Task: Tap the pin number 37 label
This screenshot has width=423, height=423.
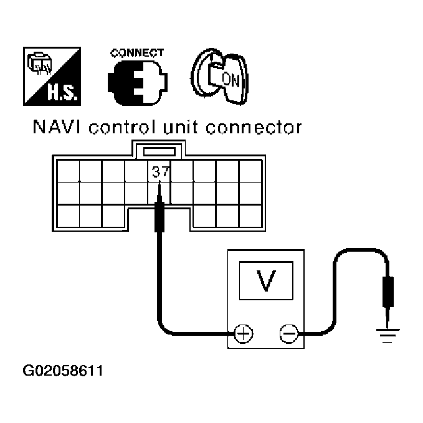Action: click(x=159, y=170)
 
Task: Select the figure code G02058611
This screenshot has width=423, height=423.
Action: click(x=62, y=371)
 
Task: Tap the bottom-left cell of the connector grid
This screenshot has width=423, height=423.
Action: click(x=67, y=216)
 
